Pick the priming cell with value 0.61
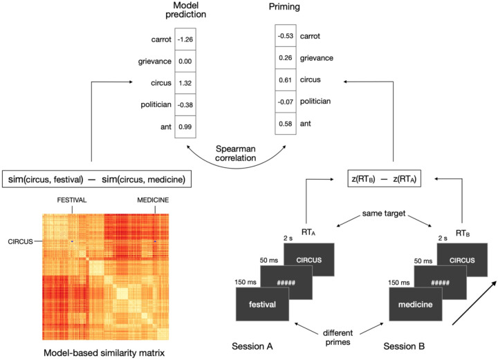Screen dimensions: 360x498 [x=285, y=80]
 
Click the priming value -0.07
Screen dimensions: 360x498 [x=285, y=102]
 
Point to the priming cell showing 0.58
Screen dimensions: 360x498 [x=285, y=124]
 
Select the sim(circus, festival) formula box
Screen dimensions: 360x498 [x=98, y=180]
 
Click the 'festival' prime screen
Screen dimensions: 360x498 [x=263, y=304]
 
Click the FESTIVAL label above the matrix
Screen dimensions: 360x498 [x=71, y=202]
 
